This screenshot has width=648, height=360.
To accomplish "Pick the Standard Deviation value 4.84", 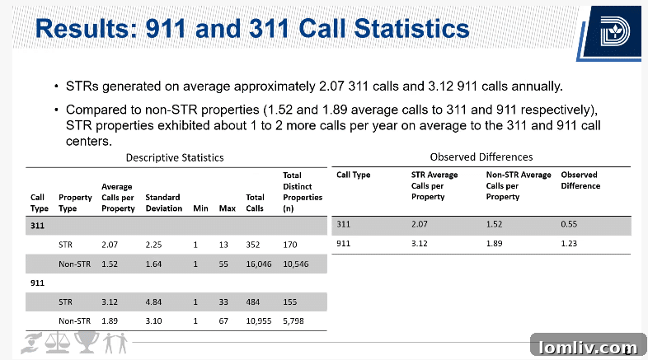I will [157, 302].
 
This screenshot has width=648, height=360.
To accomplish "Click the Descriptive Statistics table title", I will [174, 157].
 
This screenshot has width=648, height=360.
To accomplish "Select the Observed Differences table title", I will [481, 157].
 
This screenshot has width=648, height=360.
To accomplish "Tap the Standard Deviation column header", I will [162, 203].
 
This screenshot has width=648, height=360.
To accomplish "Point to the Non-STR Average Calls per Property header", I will [519, 185].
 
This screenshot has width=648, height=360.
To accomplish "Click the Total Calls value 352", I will [254, 245].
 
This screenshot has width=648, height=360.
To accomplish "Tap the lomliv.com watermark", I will [586, 347].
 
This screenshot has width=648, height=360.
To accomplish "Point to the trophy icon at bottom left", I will [87, 342].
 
